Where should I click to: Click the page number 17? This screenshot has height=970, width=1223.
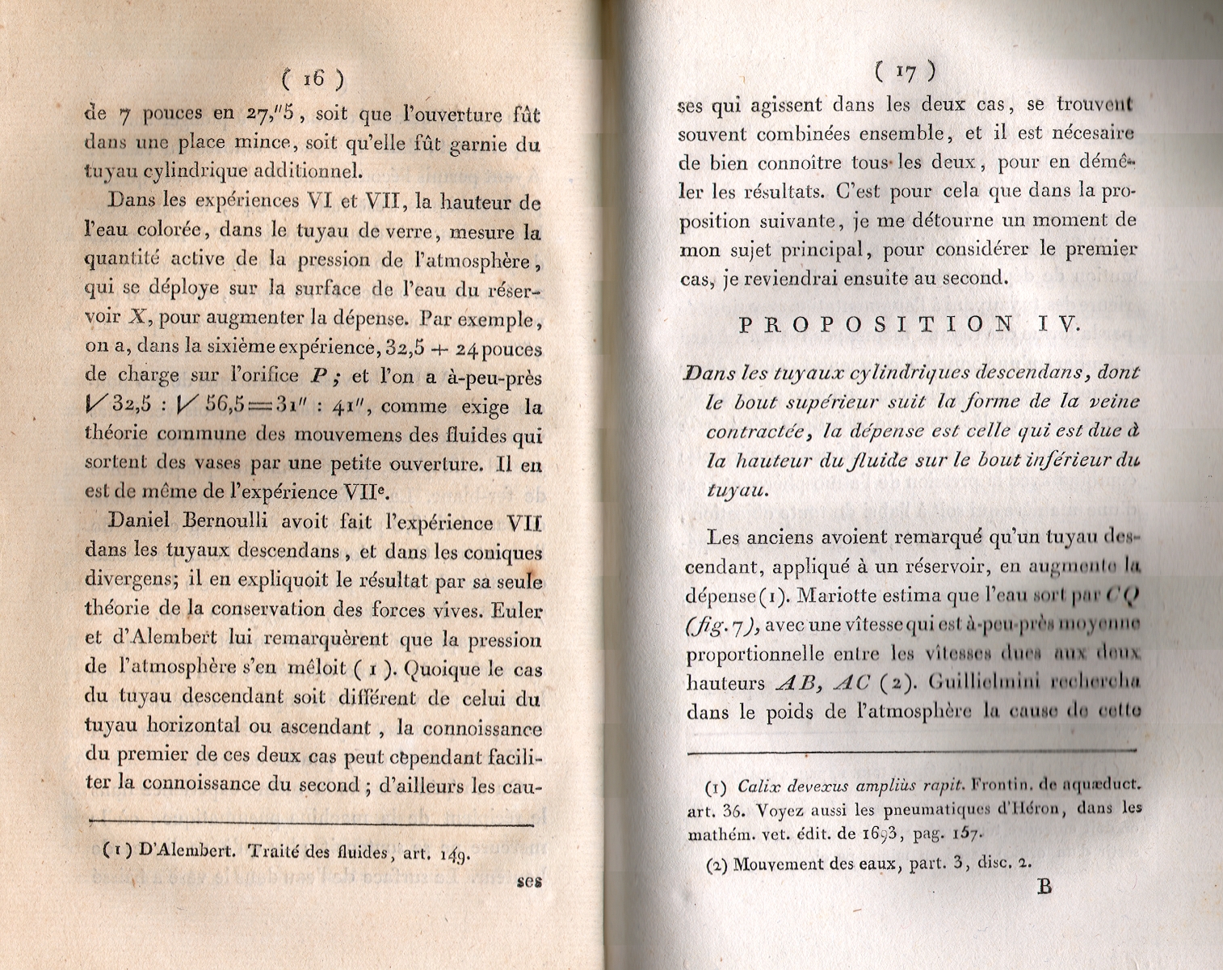point(906,73)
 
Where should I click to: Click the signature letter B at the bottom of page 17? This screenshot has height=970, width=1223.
point(1044,887)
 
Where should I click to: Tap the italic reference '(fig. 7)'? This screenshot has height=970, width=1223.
point(721,625)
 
